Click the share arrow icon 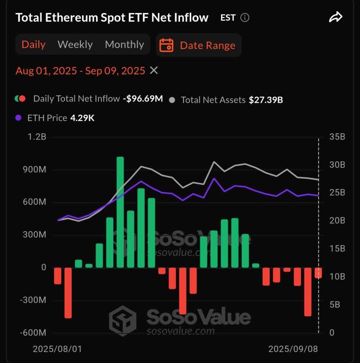(x=335, y=17)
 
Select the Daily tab (x=34, y=44)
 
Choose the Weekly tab (x=75, y=44)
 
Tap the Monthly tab (x=125, y=44)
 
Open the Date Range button (x=199, y=45)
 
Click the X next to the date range (x=154, y=70)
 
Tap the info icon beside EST (x=245, y=18)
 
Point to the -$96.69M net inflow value (x=143, y=99)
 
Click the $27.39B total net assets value (x=266, y=100)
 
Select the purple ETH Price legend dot (x=19, y=117)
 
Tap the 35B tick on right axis (x=336, y=137)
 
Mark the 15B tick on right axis (x=336, y=249)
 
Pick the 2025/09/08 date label (x=293, y=349)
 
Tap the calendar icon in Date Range (x=166, y=45)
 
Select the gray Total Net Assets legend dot (x=172, y=100)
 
